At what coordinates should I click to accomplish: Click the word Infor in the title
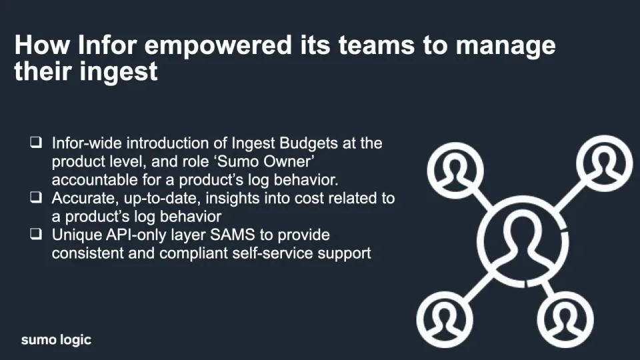pos(107,45)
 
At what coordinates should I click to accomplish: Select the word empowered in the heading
pos(218,46)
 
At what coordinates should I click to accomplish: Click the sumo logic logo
pos(56,339)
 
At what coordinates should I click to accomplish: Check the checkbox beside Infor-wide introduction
pos(36,142)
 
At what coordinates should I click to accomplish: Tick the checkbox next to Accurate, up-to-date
pos(36,197)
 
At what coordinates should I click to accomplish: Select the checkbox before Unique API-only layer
pos(36,234)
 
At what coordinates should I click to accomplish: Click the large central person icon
pos(523,241)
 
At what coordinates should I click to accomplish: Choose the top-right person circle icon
pos(605,164)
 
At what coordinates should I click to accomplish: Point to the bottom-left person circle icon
pos(445,319)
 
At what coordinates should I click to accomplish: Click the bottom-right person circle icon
pos(565,319)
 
